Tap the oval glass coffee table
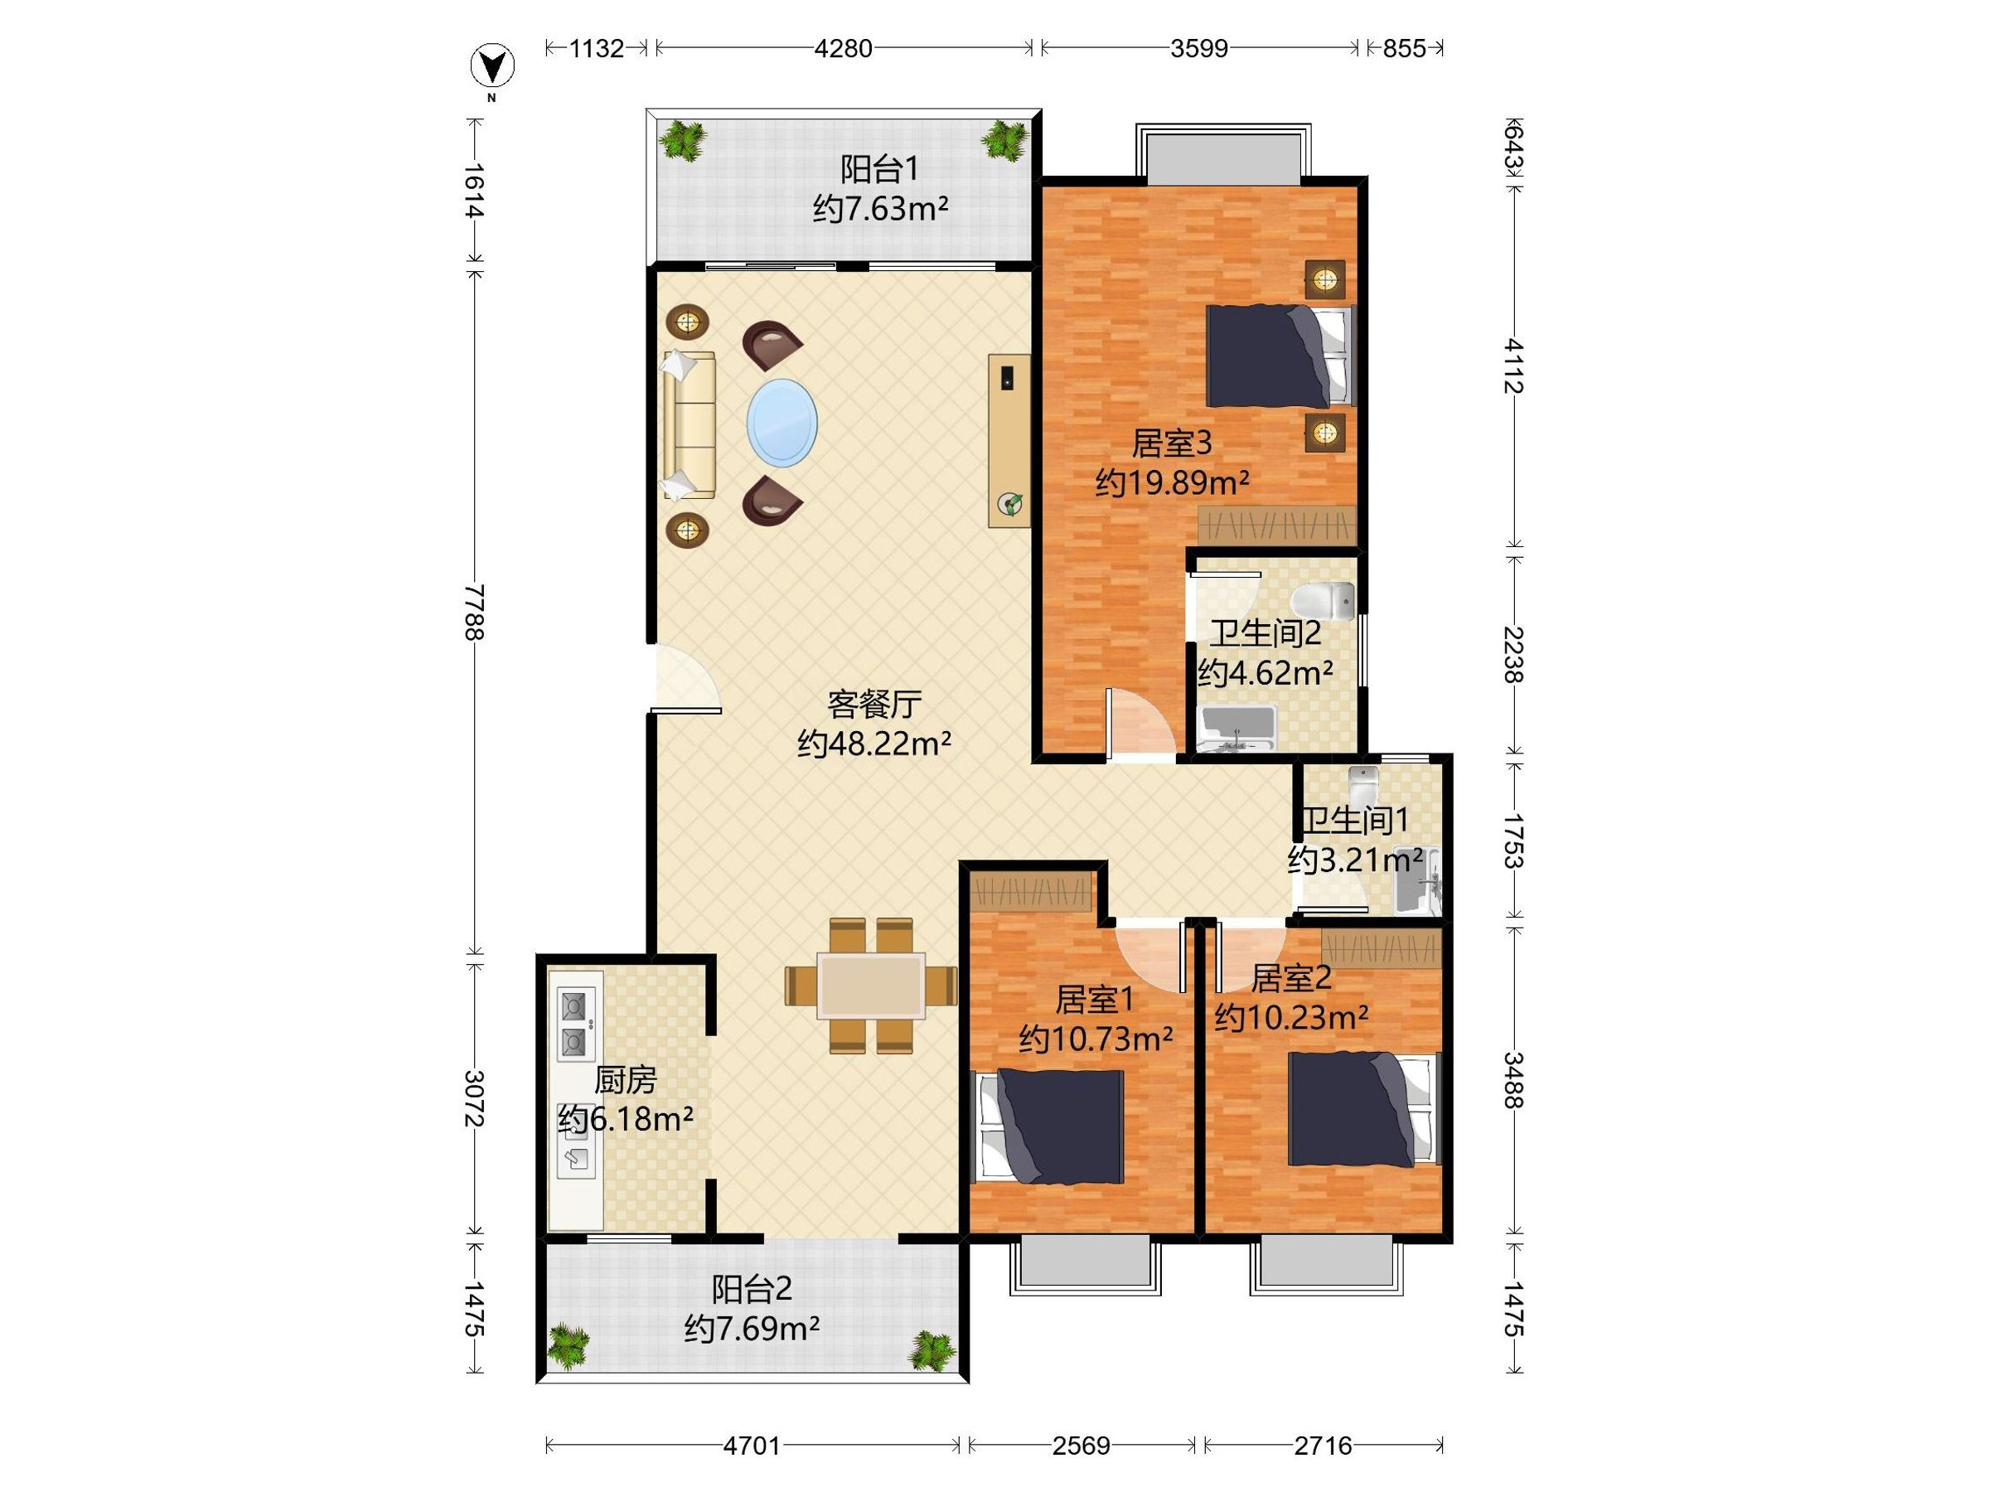[x=782, y=423]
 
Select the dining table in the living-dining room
[x=870, y=986]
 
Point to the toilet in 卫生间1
[x=1363, y=787]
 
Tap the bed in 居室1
[x=1050, y=1126]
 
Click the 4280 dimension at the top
[x=844, y=49]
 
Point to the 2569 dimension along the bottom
[x=1081, y=1446]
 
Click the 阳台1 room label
[x=879, y=169]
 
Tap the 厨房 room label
[x=626, y=1079]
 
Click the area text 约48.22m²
[x=874, y=744]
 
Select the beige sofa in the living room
[x=689, y=424]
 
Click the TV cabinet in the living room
[x=1009, y=441]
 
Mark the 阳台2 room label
[x=752, y=1290]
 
